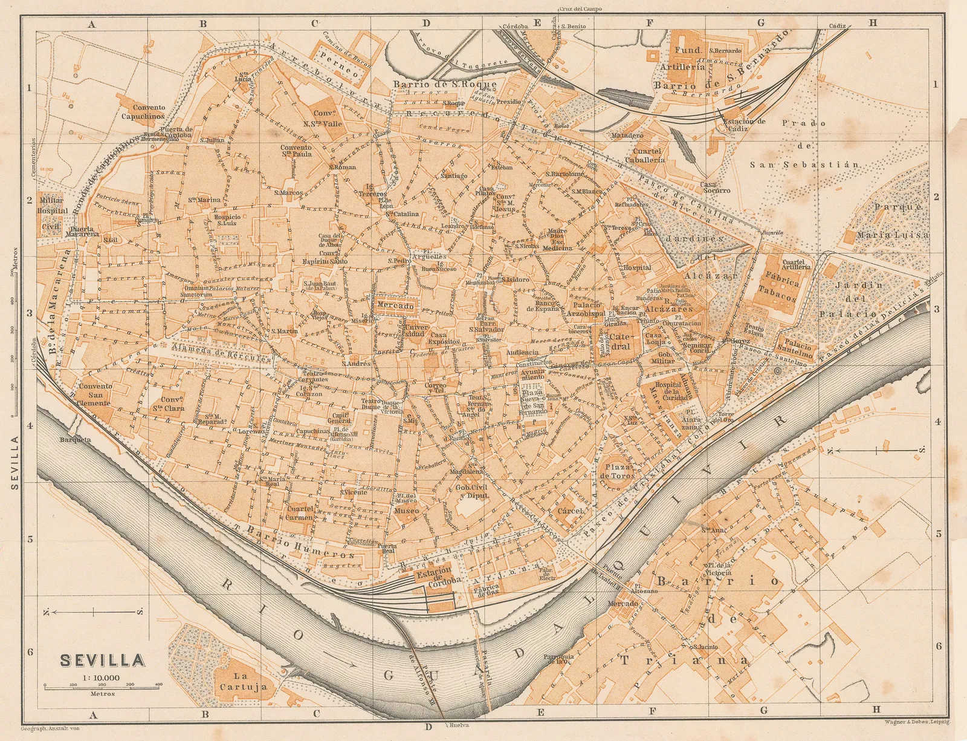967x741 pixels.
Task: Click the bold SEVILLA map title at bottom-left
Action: coord(103,659)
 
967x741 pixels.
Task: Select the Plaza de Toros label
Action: coord(617,471)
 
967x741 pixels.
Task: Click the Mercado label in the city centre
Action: coord(395,307)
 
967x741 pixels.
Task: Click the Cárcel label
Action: coord(571,511)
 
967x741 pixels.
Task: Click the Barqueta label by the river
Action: coord(75,440)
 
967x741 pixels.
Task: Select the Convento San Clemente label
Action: coord(95,394)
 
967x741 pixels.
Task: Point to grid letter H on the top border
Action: coord(873,23)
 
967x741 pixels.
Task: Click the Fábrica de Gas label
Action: coord(487,590)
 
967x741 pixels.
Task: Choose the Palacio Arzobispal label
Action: coord(585,310)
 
